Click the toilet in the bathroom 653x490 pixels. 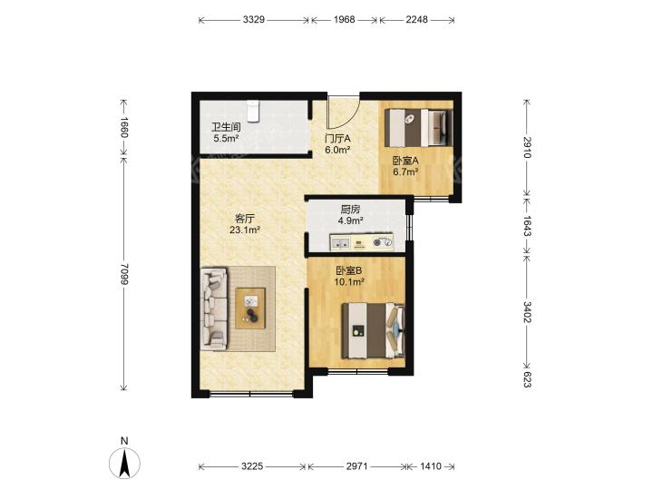(253, 112)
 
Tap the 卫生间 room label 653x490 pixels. (226, 127)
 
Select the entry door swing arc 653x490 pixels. (344, 113)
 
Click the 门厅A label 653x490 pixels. (337, 138)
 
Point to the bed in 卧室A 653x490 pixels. (418, 128)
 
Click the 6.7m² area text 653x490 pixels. (405, 171)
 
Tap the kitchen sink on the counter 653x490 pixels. (340, 243)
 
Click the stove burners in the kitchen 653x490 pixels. (383, 242)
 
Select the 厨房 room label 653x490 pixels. (350, 210)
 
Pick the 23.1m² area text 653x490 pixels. (245, 230)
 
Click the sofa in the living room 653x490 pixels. (214, 309)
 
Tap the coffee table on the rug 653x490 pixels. (250, 309)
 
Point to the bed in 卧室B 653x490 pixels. (373, 330)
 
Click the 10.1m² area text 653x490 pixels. (349, 282)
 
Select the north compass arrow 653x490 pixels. (124, 463)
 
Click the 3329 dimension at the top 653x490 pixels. (254, 20)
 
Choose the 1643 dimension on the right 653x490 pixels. (527, 226)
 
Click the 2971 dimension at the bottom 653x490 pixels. (357, 466)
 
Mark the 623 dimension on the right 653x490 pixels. (527, 379)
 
